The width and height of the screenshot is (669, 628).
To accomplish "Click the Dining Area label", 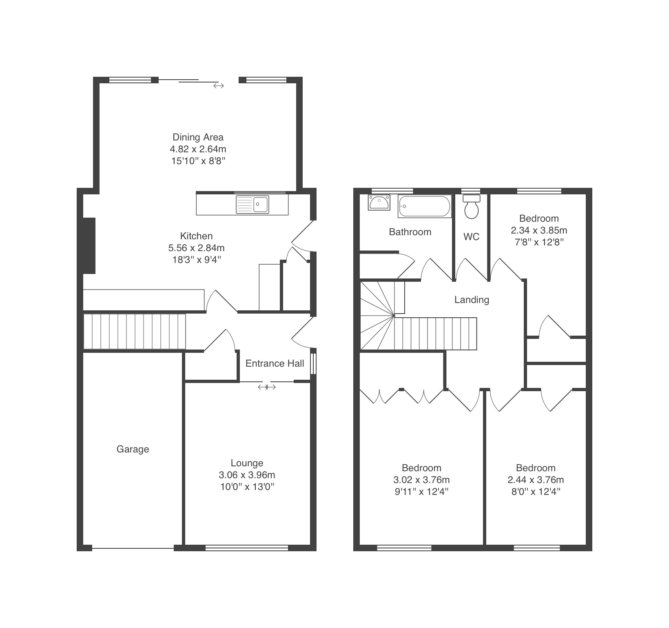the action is [198, 137].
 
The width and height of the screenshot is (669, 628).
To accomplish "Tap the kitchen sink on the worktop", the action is [253, 205].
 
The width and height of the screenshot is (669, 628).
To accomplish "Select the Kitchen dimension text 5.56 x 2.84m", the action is [196, 248].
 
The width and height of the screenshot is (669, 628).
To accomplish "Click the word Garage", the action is [133, 449].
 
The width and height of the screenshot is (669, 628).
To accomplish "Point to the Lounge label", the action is [247, 463].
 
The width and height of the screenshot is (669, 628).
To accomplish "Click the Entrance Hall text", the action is [275, 363].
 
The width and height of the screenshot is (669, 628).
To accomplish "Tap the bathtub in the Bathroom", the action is [425, 206].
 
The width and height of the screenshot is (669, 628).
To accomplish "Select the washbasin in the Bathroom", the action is [379, 203].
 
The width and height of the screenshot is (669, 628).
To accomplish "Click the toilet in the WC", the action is [472, 207].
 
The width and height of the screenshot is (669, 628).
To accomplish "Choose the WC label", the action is [472, 237].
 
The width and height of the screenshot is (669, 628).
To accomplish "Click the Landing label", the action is [472, 300].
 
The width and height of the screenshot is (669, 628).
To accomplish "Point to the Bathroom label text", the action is [410, 232].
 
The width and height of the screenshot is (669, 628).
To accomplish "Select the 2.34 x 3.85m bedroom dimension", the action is [539, 230].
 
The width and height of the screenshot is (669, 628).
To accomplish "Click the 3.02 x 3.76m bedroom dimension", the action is [421, 480].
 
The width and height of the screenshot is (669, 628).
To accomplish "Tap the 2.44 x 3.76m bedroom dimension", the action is [536, 480].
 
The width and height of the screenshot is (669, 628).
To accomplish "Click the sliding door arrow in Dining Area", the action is [219, 86].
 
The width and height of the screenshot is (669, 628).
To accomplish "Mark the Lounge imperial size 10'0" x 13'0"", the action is [246, 487].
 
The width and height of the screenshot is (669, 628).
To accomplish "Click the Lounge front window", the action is [247, 548].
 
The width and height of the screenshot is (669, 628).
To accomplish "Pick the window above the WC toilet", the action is [471, 191].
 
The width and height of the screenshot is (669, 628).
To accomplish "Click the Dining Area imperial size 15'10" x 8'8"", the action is [198, 161].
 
